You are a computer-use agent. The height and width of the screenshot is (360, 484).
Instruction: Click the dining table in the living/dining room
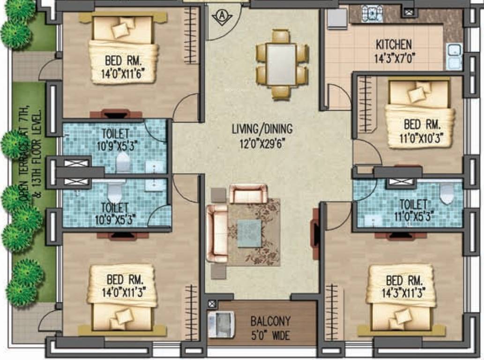(281, 64)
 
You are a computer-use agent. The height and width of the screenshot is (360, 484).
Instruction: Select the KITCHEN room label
(394, 45)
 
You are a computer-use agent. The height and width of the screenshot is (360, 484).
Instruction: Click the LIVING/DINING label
(262, 128)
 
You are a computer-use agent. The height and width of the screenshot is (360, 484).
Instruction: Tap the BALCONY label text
(270, 322)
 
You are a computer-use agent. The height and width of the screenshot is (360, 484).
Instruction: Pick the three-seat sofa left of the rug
(217, 233)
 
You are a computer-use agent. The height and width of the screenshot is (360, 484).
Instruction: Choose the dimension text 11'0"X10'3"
(421, 138)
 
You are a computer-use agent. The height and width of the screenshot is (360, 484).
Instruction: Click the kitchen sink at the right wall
(454, 56)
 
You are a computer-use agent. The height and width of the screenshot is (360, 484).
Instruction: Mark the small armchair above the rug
(248, 194)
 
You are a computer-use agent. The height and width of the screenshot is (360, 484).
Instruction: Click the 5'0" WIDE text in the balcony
(270, 336)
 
